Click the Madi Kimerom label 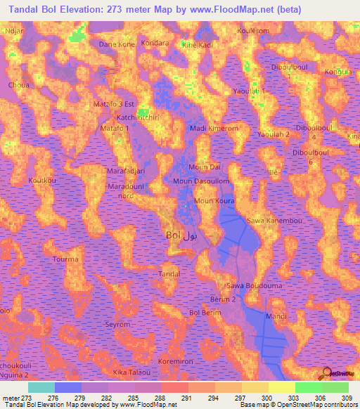tap(214, 129)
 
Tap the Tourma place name tap(66, 259)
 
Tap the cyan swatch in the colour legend tap(41, 387)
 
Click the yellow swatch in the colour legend tap(282, 387)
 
